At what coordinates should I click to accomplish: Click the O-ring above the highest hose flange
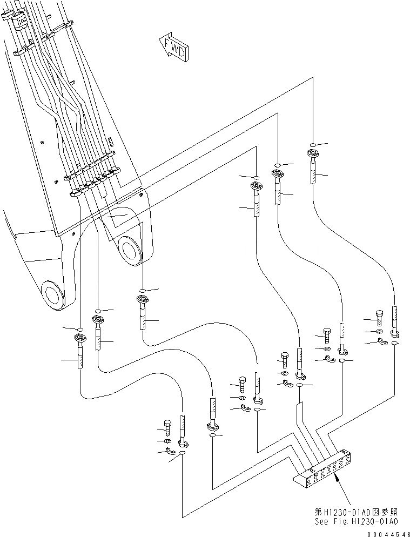313,144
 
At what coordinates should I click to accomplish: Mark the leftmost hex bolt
167,427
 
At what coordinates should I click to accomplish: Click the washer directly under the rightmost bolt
379,332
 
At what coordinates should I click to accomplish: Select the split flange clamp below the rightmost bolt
381,341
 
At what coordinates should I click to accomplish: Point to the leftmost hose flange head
80,340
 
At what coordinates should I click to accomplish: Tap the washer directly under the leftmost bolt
168,441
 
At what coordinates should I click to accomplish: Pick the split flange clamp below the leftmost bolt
171,452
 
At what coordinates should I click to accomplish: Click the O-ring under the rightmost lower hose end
395,343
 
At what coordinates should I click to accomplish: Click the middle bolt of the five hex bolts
285,359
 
